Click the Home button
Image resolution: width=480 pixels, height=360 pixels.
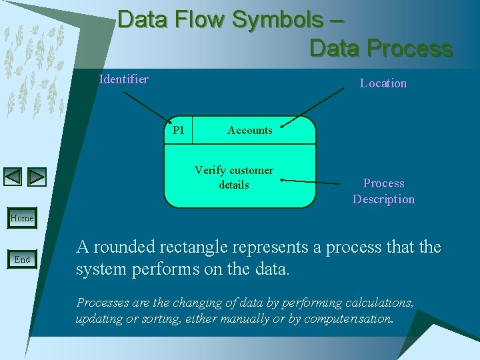tap(22, 218)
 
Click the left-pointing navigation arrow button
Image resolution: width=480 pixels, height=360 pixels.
tap(13, 177)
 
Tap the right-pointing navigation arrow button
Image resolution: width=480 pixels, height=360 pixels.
tap(37, 177)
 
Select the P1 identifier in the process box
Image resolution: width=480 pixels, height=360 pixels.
tap(178, 130)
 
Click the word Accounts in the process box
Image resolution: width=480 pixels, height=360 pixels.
tap(249, 131)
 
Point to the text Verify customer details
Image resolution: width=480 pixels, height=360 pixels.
tap(234, 177)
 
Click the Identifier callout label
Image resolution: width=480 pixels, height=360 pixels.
tap(124, 79)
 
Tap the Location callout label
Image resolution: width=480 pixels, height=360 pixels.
tap(383, 83)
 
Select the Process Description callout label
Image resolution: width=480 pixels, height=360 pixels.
tap(383, 191)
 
